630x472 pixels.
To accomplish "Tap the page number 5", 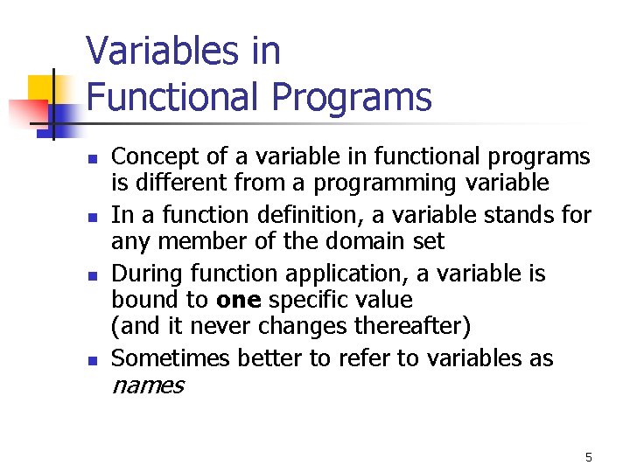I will click(x=588, y=457).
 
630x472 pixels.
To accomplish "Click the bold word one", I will click(x=238, y=300).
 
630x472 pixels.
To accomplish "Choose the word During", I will click(x=143, y=274).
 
